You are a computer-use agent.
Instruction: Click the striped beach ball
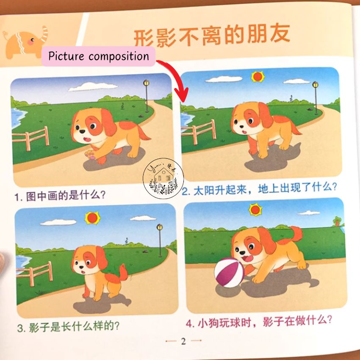click(229, 272)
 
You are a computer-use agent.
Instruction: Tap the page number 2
click(183, 341)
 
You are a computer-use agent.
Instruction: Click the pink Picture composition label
click(99, 56)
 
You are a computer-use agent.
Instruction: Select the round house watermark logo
click(163, 178)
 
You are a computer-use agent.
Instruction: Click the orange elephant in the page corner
click(26, 43)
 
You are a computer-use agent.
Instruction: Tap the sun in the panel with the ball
click(255, 210)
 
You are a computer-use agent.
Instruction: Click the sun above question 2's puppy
click(258, 77)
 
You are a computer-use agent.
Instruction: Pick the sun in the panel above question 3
click(92, 218)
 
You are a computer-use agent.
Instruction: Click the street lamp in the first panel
click(147, 96)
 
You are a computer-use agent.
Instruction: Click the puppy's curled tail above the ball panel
click(295, 234)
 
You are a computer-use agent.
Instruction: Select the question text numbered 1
click(60, 196)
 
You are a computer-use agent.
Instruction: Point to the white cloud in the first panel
click(93, 86)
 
